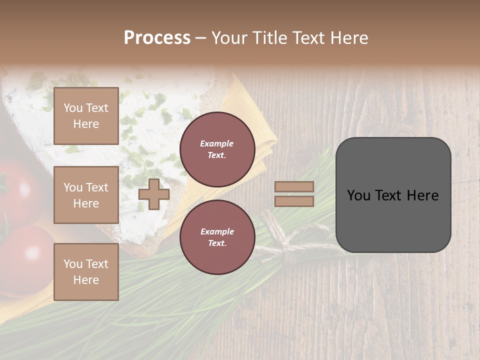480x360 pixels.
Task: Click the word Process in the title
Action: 157,37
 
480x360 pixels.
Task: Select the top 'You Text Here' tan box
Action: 86,116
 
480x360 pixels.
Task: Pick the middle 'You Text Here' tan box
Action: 86,195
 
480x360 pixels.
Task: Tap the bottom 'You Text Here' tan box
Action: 86,271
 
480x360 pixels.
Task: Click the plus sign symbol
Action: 153,194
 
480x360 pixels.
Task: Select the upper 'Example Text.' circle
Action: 217,149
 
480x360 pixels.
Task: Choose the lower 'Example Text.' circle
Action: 217,237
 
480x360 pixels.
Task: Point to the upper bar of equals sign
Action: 294,187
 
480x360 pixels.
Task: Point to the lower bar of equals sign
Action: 294,201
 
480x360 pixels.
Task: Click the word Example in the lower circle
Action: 217,231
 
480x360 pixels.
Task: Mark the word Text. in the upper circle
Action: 217,155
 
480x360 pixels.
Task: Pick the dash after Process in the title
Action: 200,38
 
